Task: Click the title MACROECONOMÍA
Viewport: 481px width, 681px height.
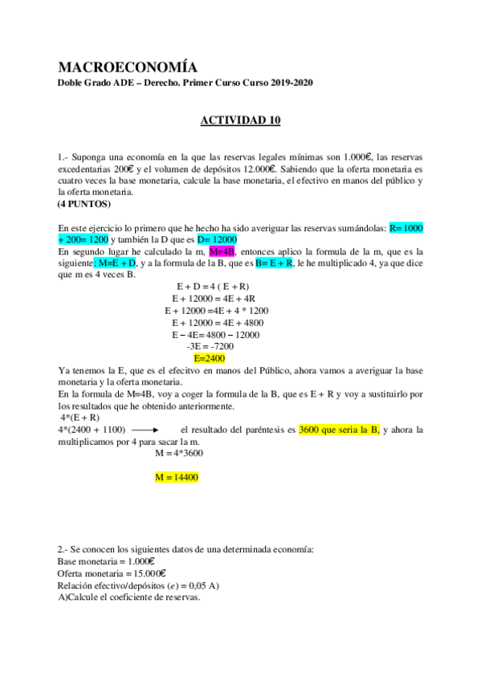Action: coord(128,67)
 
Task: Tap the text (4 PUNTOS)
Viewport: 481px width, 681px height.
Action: coord(84,204)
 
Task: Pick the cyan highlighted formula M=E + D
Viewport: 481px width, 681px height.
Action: coord(118,263)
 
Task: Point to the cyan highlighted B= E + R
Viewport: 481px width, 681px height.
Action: coord(274,263)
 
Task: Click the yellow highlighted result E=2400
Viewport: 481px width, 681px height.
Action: coord(210,358)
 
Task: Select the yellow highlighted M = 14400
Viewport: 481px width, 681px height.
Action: coord(176,477)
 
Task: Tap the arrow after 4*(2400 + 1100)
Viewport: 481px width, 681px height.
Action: coord(145,430)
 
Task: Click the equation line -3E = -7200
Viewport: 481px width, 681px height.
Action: coord(210,346)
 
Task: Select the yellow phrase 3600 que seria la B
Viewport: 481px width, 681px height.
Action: coord(338,430)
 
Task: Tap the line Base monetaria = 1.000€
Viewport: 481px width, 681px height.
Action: coord(106,561)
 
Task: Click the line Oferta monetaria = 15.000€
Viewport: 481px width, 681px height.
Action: coord(112,573)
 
